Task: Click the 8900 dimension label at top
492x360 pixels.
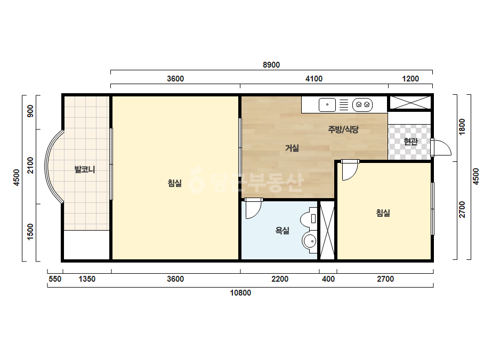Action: pyautogui.click(x=271, y=65)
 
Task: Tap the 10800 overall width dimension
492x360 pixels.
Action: pyautogui.click(x=240, y=293)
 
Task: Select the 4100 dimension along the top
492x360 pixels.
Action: pyautogui.click(x=314, y=79)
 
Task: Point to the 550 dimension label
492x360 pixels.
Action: pyautogui.click(x=55, y=279)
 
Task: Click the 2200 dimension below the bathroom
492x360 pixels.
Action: pyautogui.click(x=279, y=279)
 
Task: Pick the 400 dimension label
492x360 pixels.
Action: pyautogui.click(x=328, y=279)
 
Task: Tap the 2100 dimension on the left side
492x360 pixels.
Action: pyautogui.click(x=30, y=165)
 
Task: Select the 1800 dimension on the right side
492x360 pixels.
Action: pyautogui.click(x=462, y=127)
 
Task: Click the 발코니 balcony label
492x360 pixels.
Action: pyautogui.click(x=85, y=170)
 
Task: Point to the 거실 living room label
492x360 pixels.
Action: pyautogui.click(x=292, y=148)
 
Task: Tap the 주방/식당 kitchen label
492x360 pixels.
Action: pyautogui.click(x=343, y=129)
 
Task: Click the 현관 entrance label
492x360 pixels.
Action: pyautogui.click(x=411, y=142)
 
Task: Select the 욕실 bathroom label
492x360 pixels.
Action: pyautogui.click(x=282, y=231)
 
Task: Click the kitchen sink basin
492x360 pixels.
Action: pyautogui.click(x=327, y=105)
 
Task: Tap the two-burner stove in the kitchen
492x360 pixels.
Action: pyautogui.click(x=362, y=105)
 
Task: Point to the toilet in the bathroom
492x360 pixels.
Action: pyautogui.click(x=309, y=218)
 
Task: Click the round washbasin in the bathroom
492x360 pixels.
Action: pyautogui.click(x=310, y=241)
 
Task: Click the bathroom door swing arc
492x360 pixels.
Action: pyautogui.click(x=256, y=213)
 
